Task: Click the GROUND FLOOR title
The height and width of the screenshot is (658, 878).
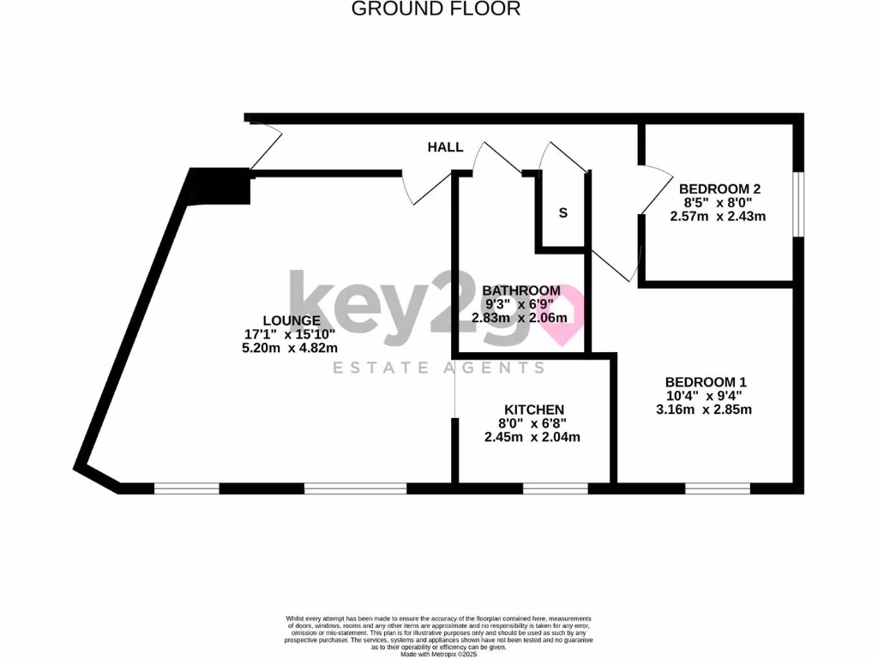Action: coord(436,9)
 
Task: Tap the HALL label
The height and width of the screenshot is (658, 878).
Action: coord(445,147)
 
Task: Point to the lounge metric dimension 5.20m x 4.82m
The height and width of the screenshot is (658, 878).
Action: coord(290,348)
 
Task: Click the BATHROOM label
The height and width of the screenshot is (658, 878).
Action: coord(520,290)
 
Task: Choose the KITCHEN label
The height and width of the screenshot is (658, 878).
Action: coord(533,410)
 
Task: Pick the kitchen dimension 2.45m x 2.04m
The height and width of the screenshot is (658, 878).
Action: coord(532,437)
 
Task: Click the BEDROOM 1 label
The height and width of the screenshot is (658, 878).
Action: coord(701,382)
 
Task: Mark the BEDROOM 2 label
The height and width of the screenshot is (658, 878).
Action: coord(719,188)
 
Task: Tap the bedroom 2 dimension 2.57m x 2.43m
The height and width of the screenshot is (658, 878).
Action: coord(718,216)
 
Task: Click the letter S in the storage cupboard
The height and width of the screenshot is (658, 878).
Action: coord(563,213)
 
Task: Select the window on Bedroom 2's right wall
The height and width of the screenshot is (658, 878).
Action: coord(797,204)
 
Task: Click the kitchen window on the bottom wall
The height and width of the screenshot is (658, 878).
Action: coord(555,488)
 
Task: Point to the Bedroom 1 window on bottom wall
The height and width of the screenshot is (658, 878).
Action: coord(717,488)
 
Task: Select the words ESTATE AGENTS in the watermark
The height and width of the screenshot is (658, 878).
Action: coord(438,368)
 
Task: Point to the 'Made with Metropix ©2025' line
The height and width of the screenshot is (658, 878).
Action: coord(438,653)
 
